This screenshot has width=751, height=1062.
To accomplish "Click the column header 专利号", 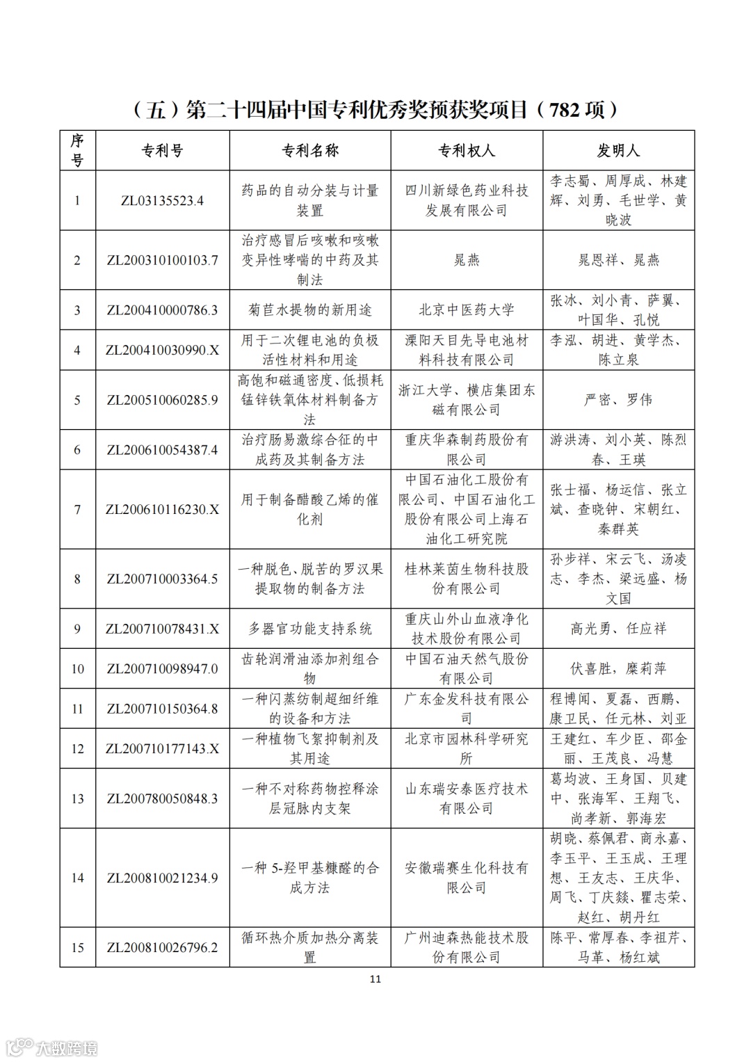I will tap(162, 150).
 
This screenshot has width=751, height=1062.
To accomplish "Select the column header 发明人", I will tap(618, 150).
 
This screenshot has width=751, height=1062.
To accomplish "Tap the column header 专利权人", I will tap(466, 150).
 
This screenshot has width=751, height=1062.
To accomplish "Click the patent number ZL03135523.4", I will tap(162, 200).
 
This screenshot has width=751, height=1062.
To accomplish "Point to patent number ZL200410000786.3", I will tap(162, 310).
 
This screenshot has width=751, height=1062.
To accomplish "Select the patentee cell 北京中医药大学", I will tap(466, 310).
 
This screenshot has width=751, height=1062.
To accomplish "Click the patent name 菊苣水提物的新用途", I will tap(309, 310).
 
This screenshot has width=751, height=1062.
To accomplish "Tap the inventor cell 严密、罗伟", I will tap(618, 400).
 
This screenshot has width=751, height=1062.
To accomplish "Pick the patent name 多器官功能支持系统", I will tap(309, 629).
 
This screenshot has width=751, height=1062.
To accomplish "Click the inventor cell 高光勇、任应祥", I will tap(618, 629).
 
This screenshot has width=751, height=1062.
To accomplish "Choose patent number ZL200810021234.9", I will tap(162, 878).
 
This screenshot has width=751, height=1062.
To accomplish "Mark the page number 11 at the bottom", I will tap(375, 979).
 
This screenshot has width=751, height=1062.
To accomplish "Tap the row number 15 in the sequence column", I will tap(77, 947).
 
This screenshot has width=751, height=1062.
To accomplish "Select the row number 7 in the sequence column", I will tap(77, 509).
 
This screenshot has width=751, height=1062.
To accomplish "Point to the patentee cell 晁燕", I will tap(466, 260).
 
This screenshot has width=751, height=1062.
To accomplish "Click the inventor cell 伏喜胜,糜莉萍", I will tap(618, 668).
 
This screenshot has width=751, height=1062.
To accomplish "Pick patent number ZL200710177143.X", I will tap(162, 748).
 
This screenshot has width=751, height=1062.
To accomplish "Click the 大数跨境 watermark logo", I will tap(52, 1047).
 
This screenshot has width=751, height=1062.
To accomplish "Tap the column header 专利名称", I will tap(309, 150).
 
